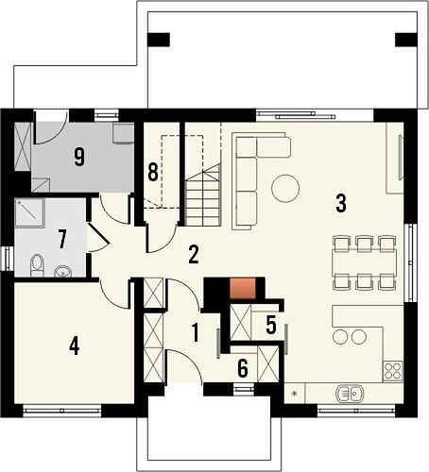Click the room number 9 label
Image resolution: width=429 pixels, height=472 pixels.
tap(79, 157)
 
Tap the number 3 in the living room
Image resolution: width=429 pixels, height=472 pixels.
tap(341, 203)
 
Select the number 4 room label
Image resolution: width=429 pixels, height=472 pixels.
tap(74, 346)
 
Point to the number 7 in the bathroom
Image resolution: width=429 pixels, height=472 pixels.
tap(62, 239)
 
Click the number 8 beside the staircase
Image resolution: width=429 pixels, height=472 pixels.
tap(153, 172)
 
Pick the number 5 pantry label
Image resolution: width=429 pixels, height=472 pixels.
tap(271, 325)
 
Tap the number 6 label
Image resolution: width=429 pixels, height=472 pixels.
tap(243, 368)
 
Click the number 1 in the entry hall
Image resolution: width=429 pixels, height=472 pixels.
tap(196, 333)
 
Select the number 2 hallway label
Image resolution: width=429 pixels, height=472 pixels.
tap(194, 255)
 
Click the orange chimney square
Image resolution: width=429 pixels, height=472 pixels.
tap(242, 288)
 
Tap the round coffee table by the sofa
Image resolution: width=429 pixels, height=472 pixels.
tap(285, 188)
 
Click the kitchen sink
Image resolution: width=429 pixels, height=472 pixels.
tap(350, 393)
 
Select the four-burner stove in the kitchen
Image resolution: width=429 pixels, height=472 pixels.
tap(392, 371)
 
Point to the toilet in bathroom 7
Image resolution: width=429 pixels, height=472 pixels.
tap(37, 265)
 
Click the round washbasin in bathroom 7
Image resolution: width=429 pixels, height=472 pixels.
tap(63, 271)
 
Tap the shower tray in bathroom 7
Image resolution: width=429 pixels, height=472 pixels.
tap(30, 212)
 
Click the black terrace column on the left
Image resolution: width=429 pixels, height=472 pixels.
tap(159, 40)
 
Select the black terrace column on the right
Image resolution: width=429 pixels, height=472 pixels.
tap(406, 40)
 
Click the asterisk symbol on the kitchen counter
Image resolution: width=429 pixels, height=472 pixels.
tap(295, 393)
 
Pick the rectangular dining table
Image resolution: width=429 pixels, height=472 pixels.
tap(364, 262)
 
